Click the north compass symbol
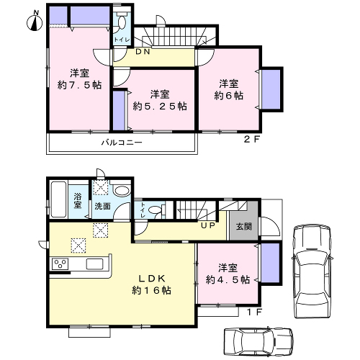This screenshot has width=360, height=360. click(35, 21)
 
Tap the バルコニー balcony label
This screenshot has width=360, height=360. click(122, 143)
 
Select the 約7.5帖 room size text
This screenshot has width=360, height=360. click(79, 85)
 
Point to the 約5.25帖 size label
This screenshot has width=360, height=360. click(160, 106)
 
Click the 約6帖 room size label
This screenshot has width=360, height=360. click(228, 96)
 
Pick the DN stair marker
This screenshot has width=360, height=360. click(143, 52)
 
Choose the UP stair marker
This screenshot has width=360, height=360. click(208, 225)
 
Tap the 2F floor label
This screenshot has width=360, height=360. click(252, 140)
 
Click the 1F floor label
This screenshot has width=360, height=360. click(254, 312)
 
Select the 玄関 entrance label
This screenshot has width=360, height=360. click(244, 227)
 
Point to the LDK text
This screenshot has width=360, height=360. click(152, 279)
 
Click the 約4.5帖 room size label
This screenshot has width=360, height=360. click(228, 279)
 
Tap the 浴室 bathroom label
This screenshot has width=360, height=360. click(78, 201)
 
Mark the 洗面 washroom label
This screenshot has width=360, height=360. click(102, 206)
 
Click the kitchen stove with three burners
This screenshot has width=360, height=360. click(60, 264)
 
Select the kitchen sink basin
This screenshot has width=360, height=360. click(94, 264)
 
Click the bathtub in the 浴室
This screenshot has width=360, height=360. click(58, 199)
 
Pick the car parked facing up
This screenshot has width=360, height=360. click(312, 271)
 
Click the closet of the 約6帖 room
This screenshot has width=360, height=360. click(271, 89)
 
